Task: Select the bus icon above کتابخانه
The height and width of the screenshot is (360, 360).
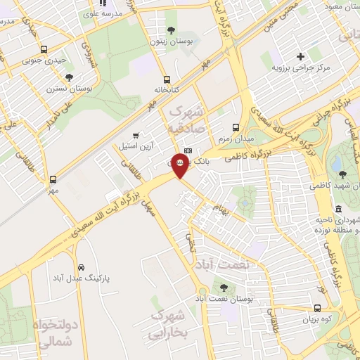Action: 167,79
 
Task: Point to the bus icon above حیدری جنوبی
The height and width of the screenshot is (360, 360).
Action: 44,50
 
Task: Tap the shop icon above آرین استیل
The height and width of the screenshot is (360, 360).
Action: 136,135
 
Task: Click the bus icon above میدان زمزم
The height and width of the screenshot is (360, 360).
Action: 235,128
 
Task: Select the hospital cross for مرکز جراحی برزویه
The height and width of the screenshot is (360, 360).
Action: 300,56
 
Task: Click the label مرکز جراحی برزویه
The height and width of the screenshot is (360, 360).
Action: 302,70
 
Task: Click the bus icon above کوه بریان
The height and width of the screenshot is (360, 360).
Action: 317,308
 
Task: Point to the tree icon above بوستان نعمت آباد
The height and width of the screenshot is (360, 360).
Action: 224,287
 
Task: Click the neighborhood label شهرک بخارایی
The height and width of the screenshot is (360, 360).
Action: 167,324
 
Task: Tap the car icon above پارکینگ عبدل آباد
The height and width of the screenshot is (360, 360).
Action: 82,268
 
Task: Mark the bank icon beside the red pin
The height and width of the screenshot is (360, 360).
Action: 188,151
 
